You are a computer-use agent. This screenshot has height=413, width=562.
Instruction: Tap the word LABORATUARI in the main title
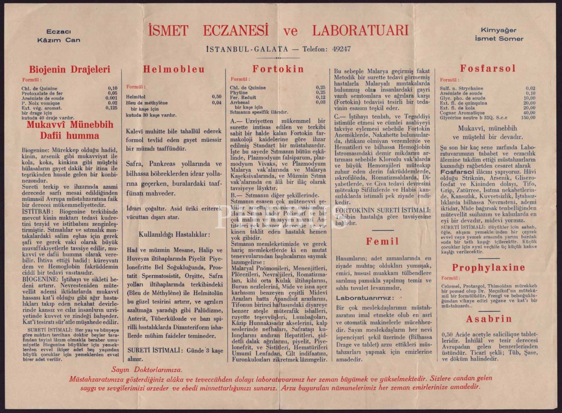[360, 31]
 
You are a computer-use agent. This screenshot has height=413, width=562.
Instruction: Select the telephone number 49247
[341, 49]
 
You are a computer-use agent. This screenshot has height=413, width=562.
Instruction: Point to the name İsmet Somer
[499, 38]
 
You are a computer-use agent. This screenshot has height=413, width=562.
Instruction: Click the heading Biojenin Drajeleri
[70, 69]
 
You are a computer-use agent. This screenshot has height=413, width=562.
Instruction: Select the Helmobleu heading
[174, 69]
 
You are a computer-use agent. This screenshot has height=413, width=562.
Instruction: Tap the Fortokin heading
[278, 69]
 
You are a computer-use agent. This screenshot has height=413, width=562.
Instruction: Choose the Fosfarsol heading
[488, 69]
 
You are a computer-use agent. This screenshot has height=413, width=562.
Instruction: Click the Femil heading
[383, 242]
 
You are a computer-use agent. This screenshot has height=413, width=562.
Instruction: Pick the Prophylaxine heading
[489, 268]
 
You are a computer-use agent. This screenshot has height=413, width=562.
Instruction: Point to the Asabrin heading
[489, 319]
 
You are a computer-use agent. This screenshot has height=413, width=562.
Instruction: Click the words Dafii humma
[70, 135]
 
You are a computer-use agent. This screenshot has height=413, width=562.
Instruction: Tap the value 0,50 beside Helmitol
[217, 97]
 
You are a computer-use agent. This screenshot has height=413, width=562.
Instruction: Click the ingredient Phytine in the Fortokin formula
[239, 93]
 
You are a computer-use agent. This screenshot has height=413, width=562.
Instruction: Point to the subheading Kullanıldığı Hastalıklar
[175, 234]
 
